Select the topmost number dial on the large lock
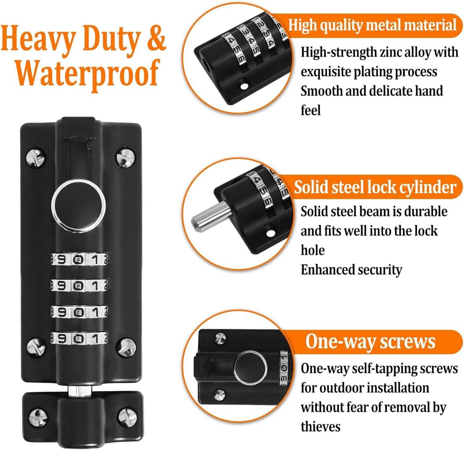click(x=80, y=259)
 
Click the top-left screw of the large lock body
click(x=36, y=157)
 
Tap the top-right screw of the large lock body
click(x=125, y=157)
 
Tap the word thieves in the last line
click(x=321, y=427)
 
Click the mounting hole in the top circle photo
click(x=244, y=86)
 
